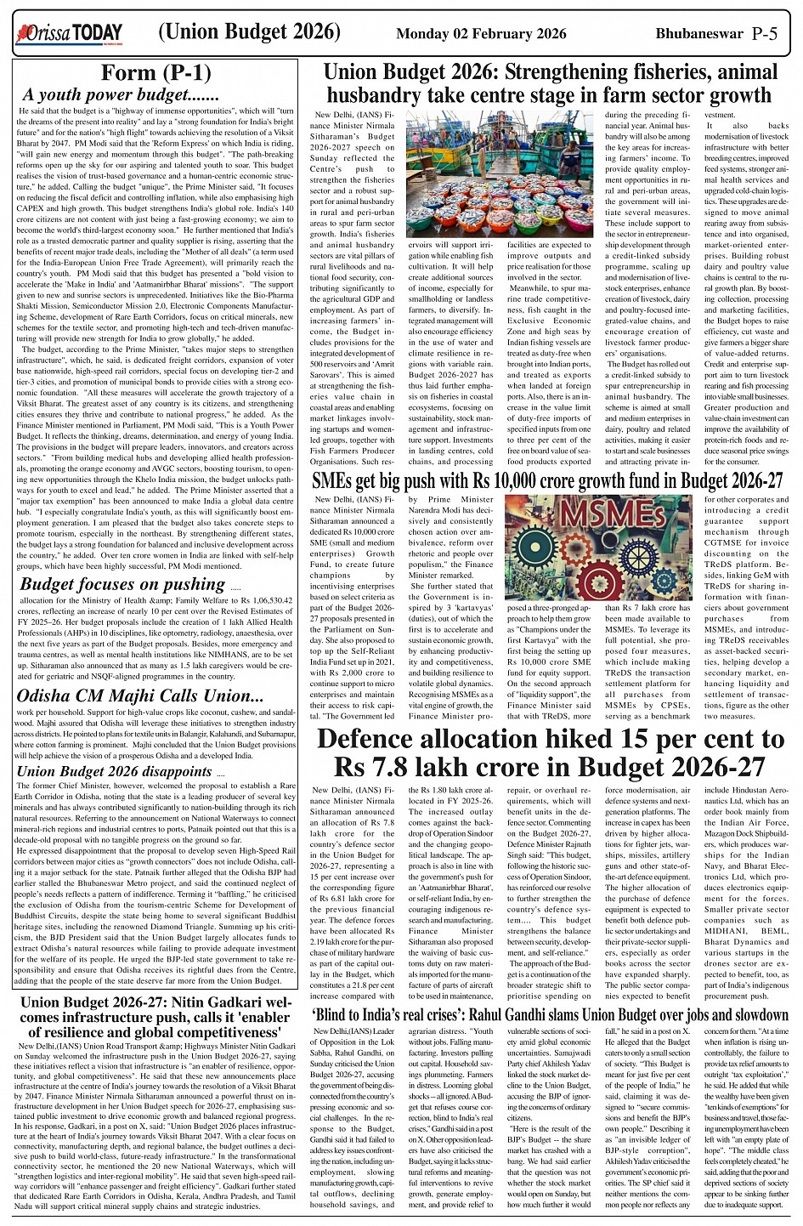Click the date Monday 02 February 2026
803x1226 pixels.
coord(481,34)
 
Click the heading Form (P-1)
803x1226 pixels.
coord(156,72)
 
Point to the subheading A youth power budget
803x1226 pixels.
coord(121,95)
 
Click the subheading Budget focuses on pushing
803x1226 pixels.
coord(122,584)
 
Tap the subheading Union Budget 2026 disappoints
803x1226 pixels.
coord(115,771)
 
